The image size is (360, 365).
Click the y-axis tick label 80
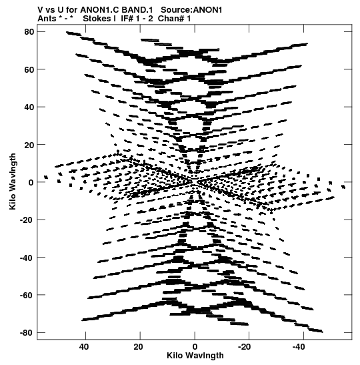tap(29, 31)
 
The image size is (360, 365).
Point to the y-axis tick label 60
tap(29, 69)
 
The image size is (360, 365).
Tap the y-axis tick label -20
tap(27, 220)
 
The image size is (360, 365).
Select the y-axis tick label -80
tap(27, 333)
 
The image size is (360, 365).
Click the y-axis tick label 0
tap(31, 182)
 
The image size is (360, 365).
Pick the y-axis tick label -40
tap(27, 258)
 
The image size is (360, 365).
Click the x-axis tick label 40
tap(84, 347)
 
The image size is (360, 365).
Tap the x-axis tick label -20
tap(245, 347)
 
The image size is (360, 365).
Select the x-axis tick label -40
tap(299, 347)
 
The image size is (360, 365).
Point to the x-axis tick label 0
tap(195, 347)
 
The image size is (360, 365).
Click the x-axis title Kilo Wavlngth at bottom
tap(195, 356)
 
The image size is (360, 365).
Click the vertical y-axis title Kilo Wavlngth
tap(13, 181)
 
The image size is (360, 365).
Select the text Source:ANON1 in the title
tap(191, 10)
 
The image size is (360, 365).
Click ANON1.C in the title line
tap(100, 10)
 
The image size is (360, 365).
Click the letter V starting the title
tap(40, 10)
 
